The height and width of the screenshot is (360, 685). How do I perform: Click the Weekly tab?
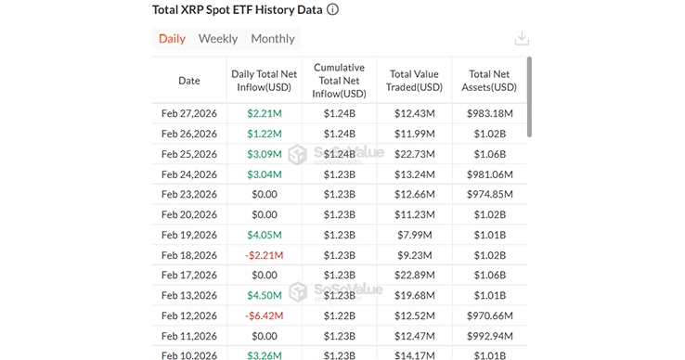(x=218, y=39)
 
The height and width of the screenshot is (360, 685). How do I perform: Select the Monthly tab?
(x=273, y=39)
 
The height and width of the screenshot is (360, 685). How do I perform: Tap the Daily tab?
(x=172, y=39)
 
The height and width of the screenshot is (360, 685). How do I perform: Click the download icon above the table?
(x=522, y=39)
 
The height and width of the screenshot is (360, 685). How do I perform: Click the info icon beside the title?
(x=332, y=10)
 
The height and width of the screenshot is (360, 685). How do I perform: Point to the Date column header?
(x=189, y=81)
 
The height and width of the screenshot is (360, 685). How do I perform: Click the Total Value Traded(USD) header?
(x=415, y=81)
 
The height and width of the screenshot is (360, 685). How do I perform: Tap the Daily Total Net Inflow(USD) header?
(x=265, y=81)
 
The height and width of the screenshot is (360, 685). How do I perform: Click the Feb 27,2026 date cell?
(x=189, y=113)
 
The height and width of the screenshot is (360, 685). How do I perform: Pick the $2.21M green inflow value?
(x=265, y=113)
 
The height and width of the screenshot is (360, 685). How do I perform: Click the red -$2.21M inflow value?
(x=265, y=255)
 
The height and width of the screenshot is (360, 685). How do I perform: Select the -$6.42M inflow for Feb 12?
(x=265, y=315)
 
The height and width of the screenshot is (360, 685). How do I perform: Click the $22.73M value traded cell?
(x=415, y=154)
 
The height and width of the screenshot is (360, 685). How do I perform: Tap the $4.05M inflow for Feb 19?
(x=265, y=235)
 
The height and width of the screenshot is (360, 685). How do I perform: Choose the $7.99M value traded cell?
(x=415, y=235)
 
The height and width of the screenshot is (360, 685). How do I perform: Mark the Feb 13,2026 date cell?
(x=189, y=296)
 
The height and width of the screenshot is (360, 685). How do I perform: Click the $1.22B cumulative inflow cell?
(x=339, y=315)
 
